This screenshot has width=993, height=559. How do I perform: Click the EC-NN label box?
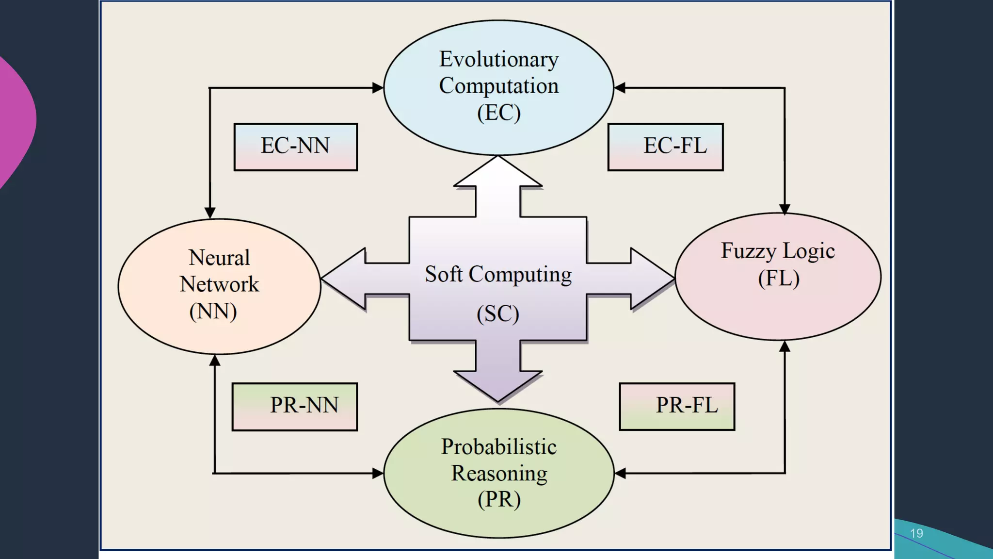(295, 147)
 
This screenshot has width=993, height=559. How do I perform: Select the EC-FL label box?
(665, 147)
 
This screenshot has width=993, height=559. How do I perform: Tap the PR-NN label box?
(294, 406)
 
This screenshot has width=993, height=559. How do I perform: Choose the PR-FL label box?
(677, 406)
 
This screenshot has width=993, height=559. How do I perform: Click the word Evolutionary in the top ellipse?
(498, 60)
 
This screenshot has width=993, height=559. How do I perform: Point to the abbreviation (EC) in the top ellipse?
(498, 113)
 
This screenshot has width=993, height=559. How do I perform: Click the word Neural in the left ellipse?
(219, 258)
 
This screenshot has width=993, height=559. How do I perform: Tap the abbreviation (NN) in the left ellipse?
(213, 311)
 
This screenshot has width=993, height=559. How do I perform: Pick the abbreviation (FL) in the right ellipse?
(778, 278)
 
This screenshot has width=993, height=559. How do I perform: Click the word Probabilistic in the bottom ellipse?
(498, 447)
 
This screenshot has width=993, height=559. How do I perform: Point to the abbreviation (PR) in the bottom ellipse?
(499, 499)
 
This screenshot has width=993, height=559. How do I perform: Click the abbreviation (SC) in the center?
(498, 313)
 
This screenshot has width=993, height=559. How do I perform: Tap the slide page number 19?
(916, 533)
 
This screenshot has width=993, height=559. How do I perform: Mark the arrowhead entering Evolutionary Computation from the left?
(378, 88)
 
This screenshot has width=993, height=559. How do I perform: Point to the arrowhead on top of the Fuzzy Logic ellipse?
(785, 209)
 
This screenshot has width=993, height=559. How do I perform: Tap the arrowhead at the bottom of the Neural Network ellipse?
(215, 360)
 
